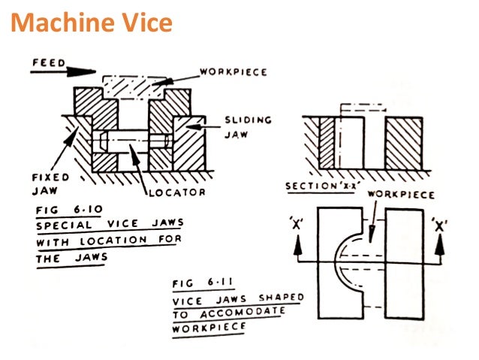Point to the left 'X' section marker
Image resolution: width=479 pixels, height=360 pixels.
tap(297, 225)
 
